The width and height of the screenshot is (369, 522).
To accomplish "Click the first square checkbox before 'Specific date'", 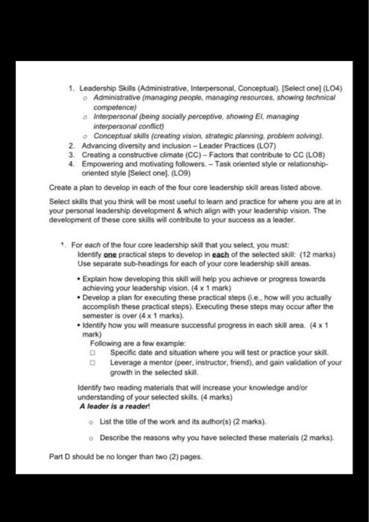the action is [x=93, y=350].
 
